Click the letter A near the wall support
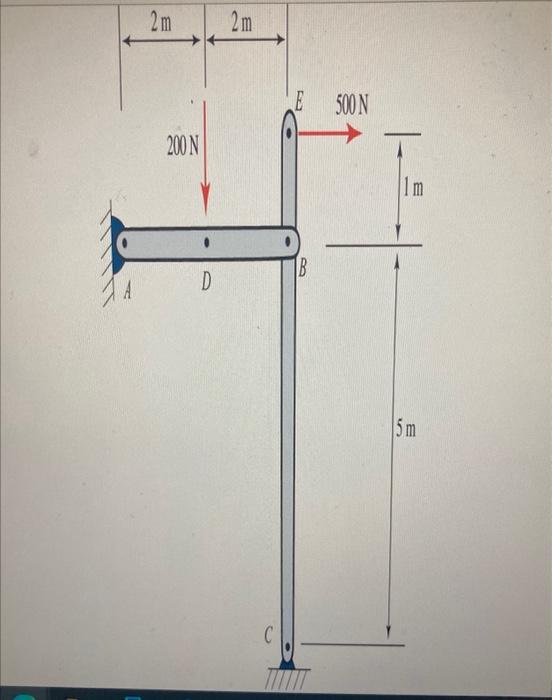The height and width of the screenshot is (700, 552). coord(128,292)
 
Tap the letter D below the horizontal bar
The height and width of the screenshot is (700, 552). coord(206,282)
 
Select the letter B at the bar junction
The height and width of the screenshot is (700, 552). coord(302,269)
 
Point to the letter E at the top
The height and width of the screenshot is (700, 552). coord(299,103)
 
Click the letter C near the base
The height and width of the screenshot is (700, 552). coord(268,635)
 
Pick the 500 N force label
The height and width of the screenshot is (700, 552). coord(352,105)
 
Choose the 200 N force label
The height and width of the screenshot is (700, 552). coord(183,146)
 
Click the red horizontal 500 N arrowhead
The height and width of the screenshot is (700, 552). coord(355,133)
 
